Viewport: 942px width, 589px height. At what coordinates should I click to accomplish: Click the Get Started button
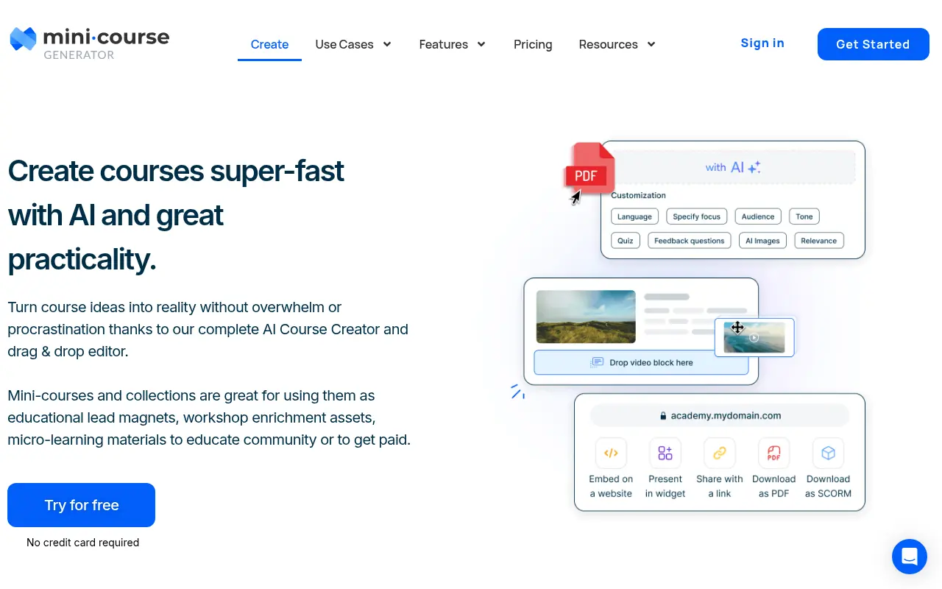(x=873, y=44)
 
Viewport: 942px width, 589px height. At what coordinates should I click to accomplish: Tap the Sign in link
(x=762, y=43)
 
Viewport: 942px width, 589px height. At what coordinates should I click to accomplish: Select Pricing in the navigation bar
(x=533, y=44)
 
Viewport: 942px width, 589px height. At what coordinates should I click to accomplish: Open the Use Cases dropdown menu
(x=353, y=44)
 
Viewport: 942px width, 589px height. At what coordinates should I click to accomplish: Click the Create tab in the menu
(x=269, y=44)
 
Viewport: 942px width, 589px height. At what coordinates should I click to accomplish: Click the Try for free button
(x=81, y=505)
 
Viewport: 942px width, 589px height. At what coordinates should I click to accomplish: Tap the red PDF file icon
(x=589, y=169)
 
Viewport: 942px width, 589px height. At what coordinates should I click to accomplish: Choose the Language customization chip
(x=634, y=216)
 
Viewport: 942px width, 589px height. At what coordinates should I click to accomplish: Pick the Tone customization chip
(x=804, y=216)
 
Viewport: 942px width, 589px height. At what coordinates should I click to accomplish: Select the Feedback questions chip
(x=690, y=241)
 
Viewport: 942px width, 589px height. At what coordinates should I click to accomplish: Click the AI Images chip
(x=762, y=241)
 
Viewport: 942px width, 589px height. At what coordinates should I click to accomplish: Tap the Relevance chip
(x=819, y=241)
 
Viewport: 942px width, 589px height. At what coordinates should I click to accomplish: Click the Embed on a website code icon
(x=611, y=453)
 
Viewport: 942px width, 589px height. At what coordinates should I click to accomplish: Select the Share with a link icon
(x=720, y=453)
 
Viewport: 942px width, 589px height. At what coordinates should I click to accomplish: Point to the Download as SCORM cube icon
(x=828, y=453)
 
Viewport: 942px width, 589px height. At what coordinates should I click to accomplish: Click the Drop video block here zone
(x=641, y=363)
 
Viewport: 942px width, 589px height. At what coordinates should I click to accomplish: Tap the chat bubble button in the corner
(x=910, y=557)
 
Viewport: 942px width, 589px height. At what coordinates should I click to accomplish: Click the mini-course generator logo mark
(x=23, y=39)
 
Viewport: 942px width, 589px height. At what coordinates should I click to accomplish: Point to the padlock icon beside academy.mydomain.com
(x=663, y=416)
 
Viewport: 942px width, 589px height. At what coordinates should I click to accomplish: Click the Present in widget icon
(x=665, y=453)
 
